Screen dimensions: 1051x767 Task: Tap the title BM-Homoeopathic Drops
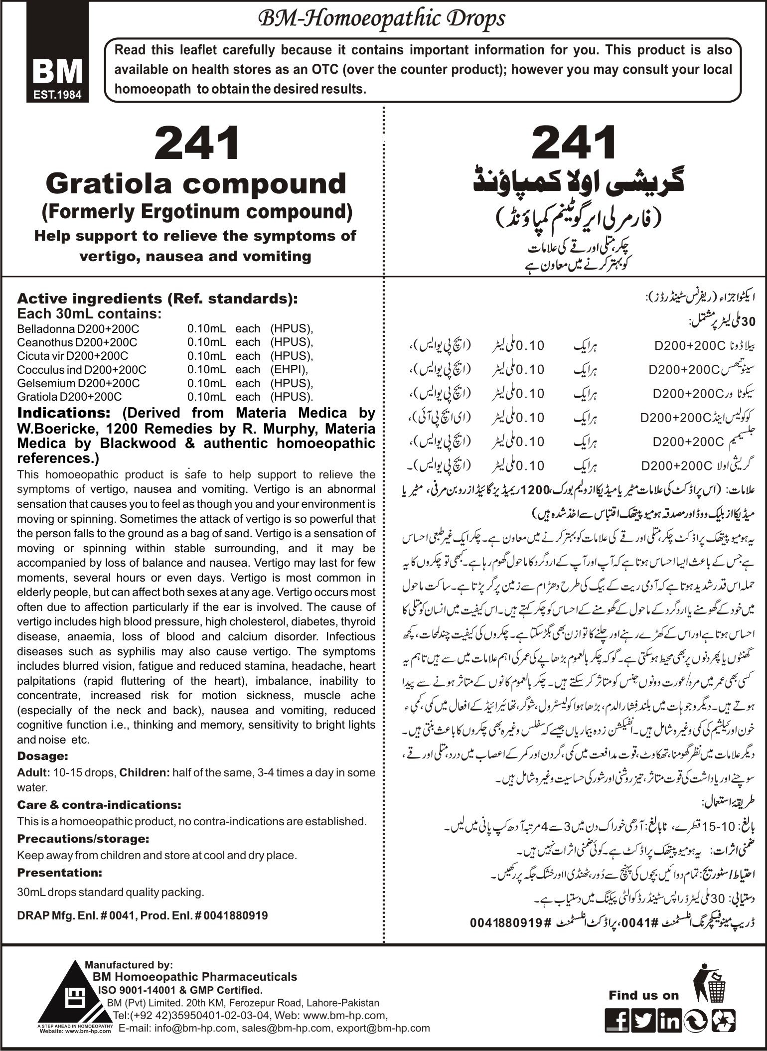pos(381,19)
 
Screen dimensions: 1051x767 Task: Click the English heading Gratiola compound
pos(195,183)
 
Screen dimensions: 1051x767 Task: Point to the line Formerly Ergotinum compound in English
pos(196,212)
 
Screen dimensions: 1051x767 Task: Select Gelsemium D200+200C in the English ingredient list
pos(78,383)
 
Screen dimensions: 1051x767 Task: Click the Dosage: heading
pos(42,756)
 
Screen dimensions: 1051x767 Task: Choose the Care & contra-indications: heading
pos(99,805)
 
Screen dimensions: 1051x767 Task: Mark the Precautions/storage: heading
pos(83,839)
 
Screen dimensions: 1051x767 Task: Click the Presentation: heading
pos(59,873)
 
